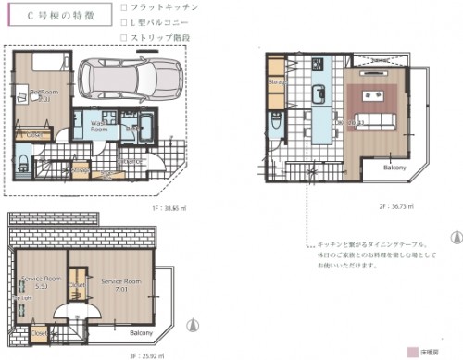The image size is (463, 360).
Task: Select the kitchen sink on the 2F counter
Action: pos(318,93)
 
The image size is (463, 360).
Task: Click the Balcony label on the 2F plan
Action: pos(394,168)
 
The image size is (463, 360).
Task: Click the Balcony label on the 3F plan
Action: pos(141,332)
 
